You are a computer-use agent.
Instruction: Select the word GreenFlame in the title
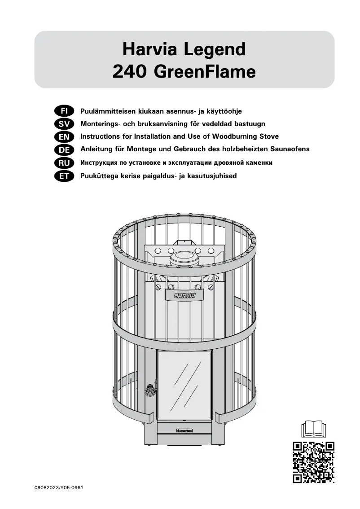pyautogui.click(x=205, y=72)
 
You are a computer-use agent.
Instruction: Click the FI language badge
pyautogui.click(x=64, y=110)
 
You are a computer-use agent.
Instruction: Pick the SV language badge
pyautogui.click(x=64, y=123)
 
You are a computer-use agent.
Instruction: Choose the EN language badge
pyautogui.click(x=64, y=136)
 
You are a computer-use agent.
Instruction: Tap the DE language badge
pyautogui.click(x=64, y=149)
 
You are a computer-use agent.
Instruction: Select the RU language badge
pyautogui.click(x=64, y=162)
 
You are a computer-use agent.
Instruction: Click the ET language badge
pyautogui.click(x=64, y=176)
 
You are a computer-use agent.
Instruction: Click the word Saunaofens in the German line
pyautogui.click(x=290, y=149)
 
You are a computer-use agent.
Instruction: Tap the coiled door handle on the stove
pyautogui.click(x=149, y=390)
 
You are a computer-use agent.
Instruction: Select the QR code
pyautogui.click(x=313, y=462)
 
